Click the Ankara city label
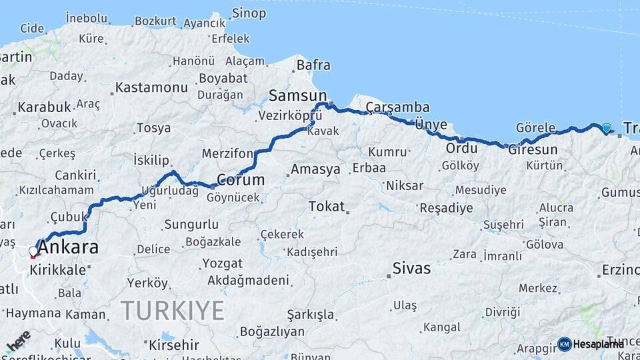coord(68,248)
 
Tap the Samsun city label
coord(298,95)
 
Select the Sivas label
coord(411,269)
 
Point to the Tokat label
coord(327,207)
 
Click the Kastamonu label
coord(151,87)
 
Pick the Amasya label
coord(315,169)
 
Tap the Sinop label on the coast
coord(249,13)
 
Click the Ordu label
coord(462,147)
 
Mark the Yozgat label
coord(223,263)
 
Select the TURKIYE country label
coord(173,310)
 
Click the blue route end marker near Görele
coord(606,128)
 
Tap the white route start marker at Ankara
coord(33,252)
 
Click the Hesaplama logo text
coord(598,344)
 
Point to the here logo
coord(18,341)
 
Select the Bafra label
coord(313,65)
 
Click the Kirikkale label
coord(57,270)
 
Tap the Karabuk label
coord(44,107)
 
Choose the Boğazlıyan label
coord(272,331)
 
